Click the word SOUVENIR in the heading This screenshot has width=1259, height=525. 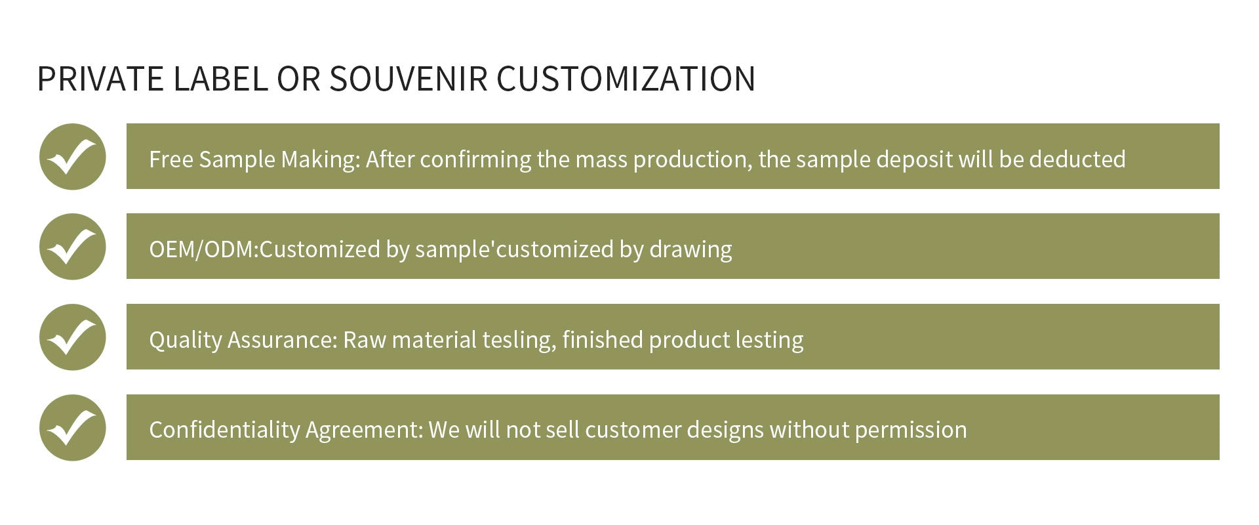[408, 79]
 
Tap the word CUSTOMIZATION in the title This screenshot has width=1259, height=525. [626, 79]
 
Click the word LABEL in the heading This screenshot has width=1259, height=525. [220, 79]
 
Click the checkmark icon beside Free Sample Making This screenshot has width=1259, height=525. [72, 157]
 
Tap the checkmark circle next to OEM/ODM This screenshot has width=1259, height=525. [72, 247]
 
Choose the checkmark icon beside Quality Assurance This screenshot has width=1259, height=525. [72, 337]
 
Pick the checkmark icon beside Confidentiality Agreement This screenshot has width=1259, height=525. [72, 428]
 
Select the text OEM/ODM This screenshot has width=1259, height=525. [201, 249]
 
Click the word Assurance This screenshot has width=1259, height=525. [282, 340]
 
